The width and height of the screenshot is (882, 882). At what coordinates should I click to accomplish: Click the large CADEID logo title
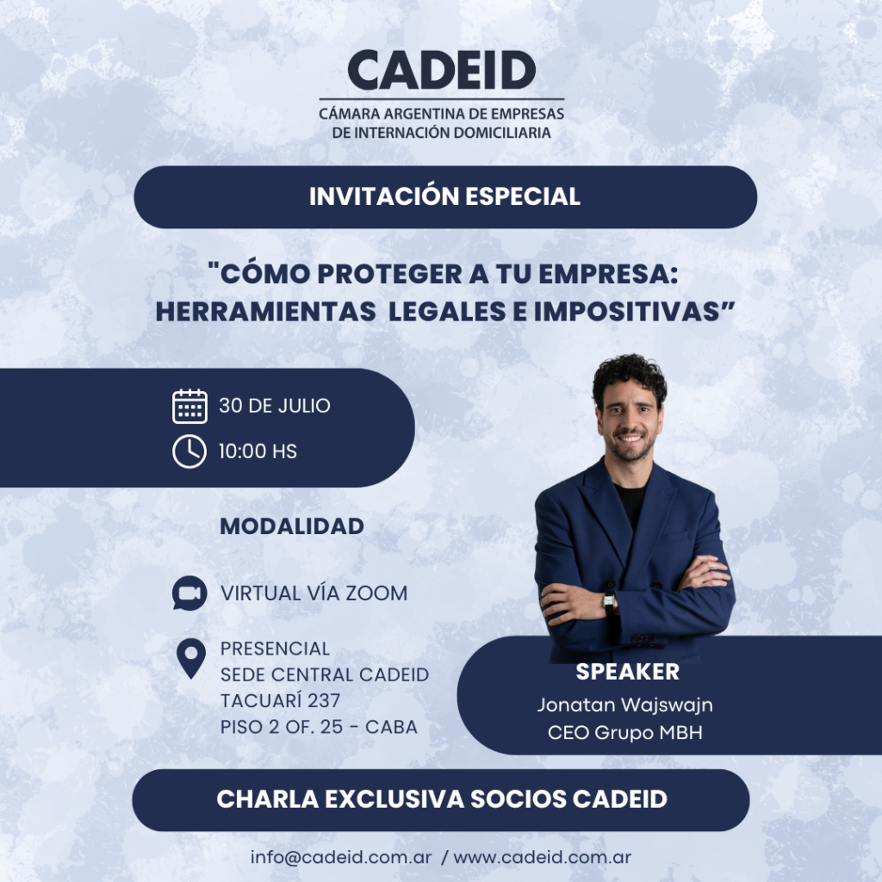[x=442, y=70]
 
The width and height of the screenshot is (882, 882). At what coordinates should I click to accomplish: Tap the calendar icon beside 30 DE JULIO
[x=189, y=407]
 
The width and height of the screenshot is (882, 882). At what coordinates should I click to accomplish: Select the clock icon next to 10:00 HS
[x=189, y=451]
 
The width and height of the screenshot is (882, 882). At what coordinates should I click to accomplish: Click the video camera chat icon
[x=189, y=593]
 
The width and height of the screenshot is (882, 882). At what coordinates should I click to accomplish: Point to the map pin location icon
[x=191, y=659]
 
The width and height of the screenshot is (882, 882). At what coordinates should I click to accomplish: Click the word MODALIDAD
[x=292, y=526]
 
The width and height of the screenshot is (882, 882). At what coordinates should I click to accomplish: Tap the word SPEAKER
[x=628, y=672]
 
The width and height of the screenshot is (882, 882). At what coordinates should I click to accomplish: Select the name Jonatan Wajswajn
[x=625, y=705]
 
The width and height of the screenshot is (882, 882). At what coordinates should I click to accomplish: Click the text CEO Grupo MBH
[x=625, y=732]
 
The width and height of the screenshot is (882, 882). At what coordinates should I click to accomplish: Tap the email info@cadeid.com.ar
[x=341, y=857]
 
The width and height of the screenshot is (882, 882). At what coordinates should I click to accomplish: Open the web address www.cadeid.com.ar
[x=543, y=857]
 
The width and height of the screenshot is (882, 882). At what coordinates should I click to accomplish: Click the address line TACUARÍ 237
[x=280, y=701]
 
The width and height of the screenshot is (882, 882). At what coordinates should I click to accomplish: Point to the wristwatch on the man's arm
[x=609, y=603]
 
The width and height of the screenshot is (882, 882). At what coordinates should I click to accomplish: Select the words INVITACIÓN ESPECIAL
[x=444, y=196]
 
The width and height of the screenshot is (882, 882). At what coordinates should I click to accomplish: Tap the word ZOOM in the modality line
[x=376, y=593]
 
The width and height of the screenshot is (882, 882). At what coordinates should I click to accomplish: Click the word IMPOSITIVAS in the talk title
[x=627, y=312]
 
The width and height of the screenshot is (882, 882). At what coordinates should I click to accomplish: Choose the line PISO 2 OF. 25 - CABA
[x=319, y=727]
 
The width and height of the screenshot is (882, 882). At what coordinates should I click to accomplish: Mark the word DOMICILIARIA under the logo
[x=502, y=133]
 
